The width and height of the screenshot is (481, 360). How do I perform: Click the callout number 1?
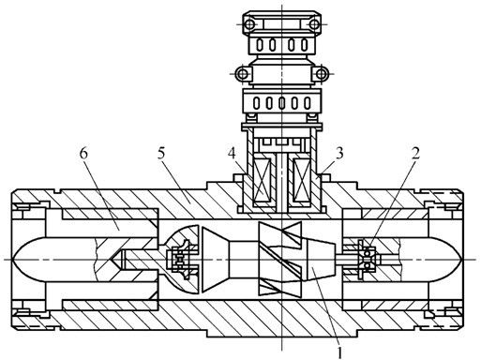[339, 352]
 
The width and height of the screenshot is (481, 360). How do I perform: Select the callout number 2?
[415, 154]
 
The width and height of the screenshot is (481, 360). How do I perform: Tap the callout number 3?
[339, 154]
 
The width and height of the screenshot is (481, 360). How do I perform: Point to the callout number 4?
[233, 154]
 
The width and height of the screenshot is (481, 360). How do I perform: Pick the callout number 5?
[161, 154]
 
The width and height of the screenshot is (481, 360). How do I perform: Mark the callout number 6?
[83, 154]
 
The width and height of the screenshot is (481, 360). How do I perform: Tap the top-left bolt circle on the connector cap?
[249, 24]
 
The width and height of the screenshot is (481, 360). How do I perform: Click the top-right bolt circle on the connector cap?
[314, 24]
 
